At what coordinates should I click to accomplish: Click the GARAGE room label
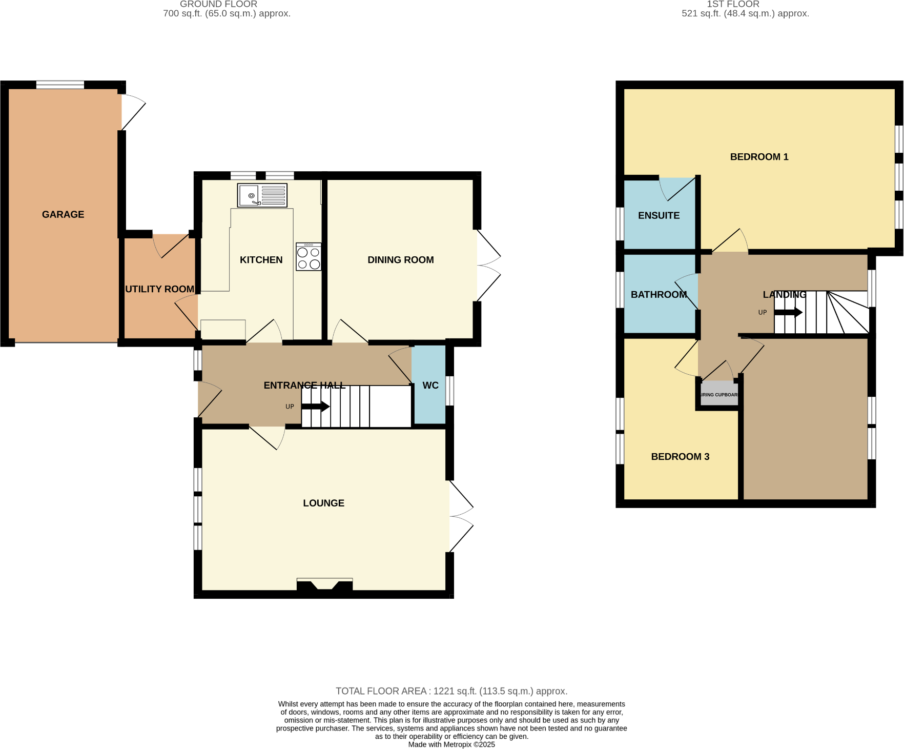click(x=63, y=214)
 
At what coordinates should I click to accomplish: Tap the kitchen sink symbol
click(x=262, y=195)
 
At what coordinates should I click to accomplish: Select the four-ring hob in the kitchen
click(x=309, y=257)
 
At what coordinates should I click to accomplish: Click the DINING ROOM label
click(x=400, y=260)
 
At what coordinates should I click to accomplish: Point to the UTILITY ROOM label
click(x=159, y=289)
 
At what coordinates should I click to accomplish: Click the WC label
click(x=430, y=386)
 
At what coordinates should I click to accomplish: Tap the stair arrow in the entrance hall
click(x=315, y=407)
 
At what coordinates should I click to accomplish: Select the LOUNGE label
click(x=323, y=503)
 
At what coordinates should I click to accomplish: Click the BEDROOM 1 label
click(x=759, y=157)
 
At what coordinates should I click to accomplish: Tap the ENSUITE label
click(x=659, y=216)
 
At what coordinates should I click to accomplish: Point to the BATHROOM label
click(x=659, y=295)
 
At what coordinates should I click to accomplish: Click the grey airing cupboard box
click(x=719, y=394)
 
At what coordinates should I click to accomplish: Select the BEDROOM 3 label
click(x=680, y=457)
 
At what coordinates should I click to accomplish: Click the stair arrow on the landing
click(x=788, y=312)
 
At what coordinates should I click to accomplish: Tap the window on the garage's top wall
click(x=60, y=85)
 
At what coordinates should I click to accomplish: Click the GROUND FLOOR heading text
click(x=218, y=4)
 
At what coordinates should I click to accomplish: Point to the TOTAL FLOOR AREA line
click(x=451, y=691)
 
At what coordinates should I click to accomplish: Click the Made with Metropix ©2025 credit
click(x=451, y=744)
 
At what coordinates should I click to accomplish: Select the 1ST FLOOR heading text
click(x=733, y=4)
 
